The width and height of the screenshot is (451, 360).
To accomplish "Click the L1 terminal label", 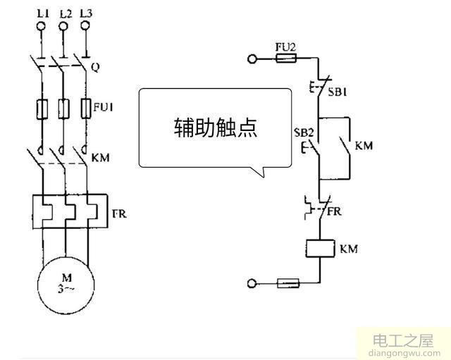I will click(41, 13).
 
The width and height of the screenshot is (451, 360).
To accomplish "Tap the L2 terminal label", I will click(65, 13).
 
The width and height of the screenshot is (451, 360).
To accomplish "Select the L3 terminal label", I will click(87, 13).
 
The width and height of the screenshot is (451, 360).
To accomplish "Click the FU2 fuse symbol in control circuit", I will click(285, 61).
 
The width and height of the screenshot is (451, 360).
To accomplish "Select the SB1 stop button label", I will click(340, 92).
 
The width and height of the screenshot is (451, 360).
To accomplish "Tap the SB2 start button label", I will click(304, 132).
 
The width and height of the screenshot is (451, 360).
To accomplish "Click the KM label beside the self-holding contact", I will click(364, 147).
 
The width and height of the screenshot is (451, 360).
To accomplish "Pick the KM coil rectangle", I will click(319, 249).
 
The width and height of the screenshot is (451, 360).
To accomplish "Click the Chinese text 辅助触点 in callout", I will click(216, 127).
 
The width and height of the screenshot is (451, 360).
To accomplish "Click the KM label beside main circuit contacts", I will click(101, 156).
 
